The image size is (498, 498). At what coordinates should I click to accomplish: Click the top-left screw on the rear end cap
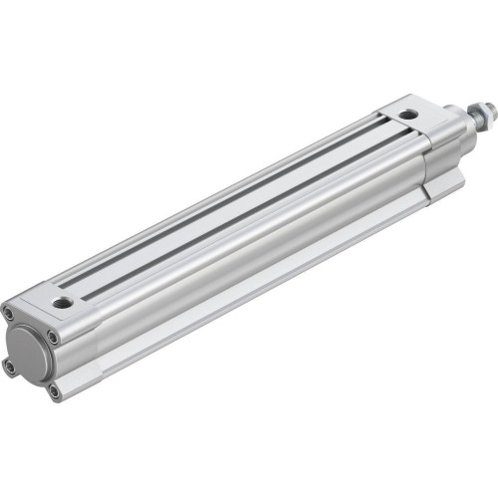10,312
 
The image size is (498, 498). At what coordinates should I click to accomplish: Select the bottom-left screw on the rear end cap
10,367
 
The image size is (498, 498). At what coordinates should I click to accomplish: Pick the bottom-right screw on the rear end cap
54,391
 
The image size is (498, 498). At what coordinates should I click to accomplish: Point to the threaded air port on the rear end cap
64,302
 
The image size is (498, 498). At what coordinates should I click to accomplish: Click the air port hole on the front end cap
409,115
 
